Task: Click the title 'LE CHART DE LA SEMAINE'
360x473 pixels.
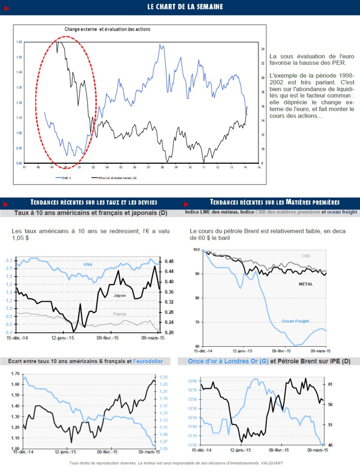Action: [185, 7]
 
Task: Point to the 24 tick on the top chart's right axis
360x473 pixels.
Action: [262, 49]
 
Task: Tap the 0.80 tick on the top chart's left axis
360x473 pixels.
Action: [19, 163]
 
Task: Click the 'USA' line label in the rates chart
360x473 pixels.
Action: [88, 264]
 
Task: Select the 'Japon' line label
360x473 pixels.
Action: [120, 295]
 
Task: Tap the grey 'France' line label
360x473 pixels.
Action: [119, 314]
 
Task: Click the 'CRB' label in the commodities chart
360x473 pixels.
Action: [306, 256]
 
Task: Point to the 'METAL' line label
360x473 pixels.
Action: [306, 284]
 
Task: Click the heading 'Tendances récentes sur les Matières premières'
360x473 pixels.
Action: [274, 202]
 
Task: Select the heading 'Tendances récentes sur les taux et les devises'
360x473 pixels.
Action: [94, 202]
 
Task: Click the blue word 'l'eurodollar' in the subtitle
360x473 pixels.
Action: [148, 361]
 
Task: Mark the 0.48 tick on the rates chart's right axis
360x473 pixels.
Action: [169, 261]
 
